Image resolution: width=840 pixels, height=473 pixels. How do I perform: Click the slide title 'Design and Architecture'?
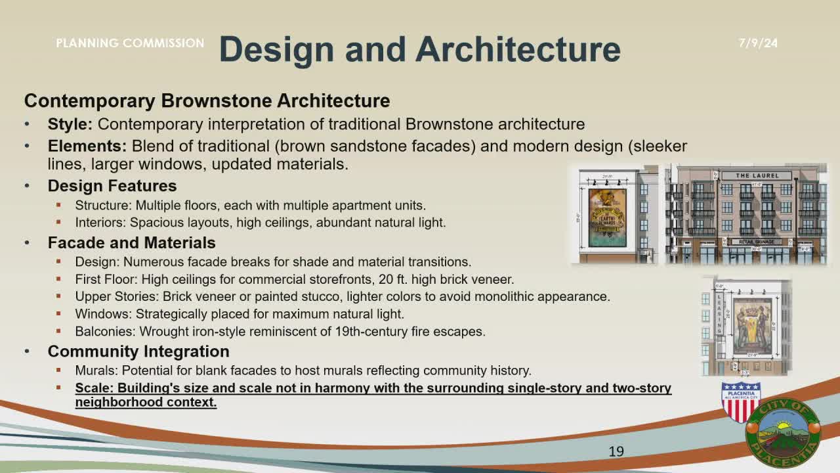tap(419, 49)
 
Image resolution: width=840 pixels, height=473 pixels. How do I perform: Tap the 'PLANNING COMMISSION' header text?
tap(130, 43)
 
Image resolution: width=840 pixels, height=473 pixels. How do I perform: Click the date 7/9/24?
tap(758, 43)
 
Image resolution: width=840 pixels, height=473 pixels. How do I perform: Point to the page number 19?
tap(616, 451)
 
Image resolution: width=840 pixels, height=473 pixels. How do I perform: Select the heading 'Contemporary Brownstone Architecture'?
tap(207, 101)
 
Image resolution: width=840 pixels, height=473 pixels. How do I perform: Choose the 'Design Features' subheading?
tap(112, 186)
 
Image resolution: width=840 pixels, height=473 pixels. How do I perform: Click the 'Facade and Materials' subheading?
tap(131, 242)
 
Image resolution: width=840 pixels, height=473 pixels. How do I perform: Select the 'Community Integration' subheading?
tap(138, 351)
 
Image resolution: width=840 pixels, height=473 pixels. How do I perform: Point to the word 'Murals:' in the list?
tap(96, 371)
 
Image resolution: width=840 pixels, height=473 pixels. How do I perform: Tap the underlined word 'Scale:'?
tap(94, 388)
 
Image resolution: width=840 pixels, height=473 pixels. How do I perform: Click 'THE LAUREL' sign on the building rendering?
tap(757, 176)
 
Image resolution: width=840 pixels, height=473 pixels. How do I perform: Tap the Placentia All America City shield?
tap(740, 402)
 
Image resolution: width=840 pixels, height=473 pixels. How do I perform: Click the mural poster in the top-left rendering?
tap(607, 217)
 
